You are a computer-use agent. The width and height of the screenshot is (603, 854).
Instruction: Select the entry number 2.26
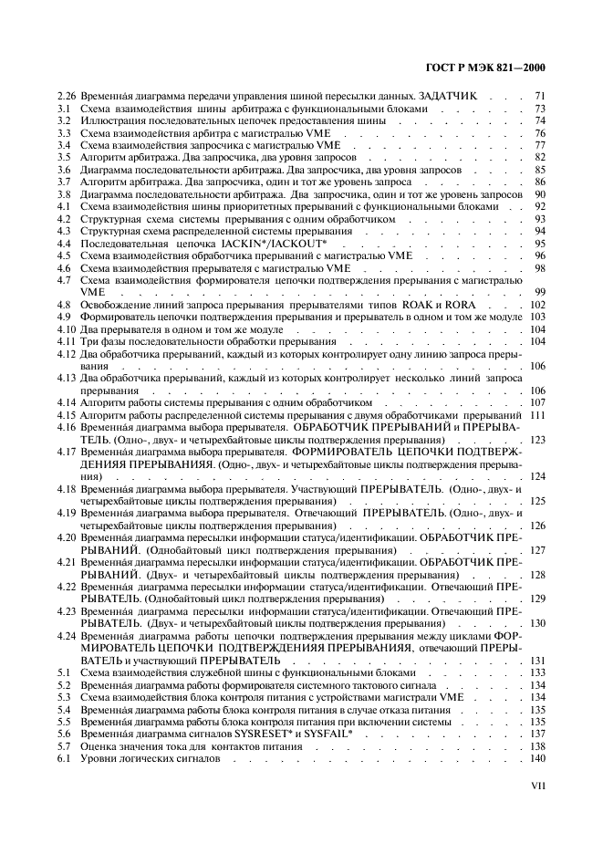[x=66, y=96]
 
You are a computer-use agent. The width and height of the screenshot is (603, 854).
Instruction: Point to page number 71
[x=539, y=96]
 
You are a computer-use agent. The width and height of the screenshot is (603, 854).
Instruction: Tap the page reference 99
[x=539, y=292]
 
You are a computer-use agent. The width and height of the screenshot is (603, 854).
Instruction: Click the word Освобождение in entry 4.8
[x=114, y=304]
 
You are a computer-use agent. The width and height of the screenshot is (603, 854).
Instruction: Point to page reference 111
[x=536, y=415]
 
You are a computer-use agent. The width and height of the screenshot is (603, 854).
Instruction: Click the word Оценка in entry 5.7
[x=98, y=746]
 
